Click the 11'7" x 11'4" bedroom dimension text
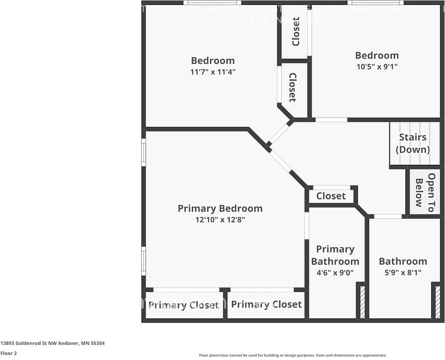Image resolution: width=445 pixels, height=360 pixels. coord(213,72)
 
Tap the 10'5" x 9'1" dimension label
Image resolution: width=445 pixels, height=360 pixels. coord(377,67)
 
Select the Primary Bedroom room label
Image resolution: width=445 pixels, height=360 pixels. coord(220,208)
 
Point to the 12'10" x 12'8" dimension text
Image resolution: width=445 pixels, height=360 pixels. coord(220,220)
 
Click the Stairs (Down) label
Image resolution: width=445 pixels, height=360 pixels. coord(412,143)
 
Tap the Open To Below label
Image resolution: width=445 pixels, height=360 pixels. coord(425,193)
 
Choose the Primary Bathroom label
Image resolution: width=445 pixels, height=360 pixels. coord(335,255)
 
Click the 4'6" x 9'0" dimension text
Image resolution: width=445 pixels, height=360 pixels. coord(335,272)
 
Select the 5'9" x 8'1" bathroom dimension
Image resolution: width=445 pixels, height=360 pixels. coord(403,272)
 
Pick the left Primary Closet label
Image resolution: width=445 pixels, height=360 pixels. coord(184,305)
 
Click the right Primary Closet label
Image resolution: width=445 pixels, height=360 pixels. coord(266,304)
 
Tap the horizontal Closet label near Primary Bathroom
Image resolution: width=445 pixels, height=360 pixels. coord(331,196)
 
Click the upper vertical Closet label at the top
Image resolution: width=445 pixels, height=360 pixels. coord(296,31)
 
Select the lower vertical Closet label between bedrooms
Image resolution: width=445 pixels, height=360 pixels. coord(292,87)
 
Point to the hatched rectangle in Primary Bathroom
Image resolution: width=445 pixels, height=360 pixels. coord(362,302)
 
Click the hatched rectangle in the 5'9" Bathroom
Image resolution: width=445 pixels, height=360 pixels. coord(437,302)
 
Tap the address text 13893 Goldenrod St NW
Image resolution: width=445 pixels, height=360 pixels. coord(52,343)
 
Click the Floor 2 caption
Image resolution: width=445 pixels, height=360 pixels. coord(8,353)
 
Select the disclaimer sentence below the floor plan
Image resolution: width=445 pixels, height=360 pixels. coord(292,355)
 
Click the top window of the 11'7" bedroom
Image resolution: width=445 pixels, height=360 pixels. coord(212,3)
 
